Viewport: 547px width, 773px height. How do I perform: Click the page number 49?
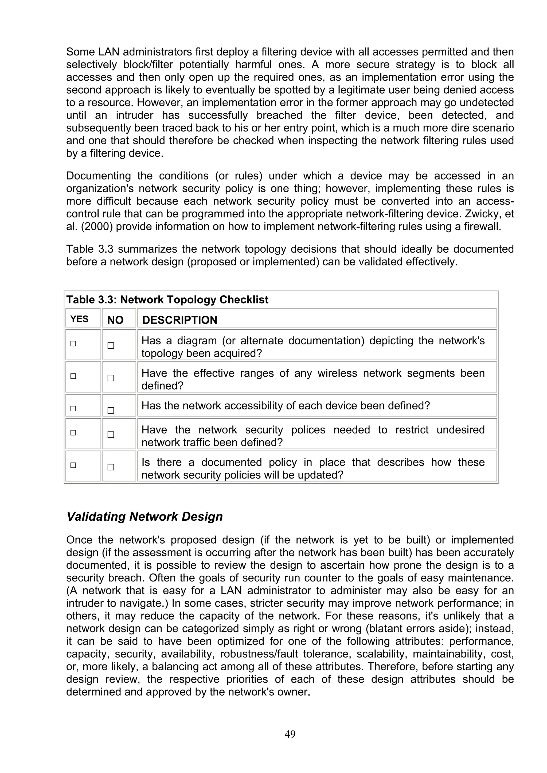(290, 734)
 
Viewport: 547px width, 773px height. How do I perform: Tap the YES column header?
(79, 319)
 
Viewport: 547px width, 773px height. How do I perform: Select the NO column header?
(115, 320)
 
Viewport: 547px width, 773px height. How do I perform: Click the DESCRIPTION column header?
(180, 320)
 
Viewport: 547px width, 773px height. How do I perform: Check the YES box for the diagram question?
(73, 344)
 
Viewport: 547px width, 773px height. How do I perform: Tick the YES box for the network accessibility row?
(73, 409)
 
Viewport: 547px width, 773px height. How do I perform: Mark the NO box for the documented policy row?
(111, 467)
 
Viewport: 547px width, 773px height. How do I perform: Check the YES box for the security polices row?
(73, 433)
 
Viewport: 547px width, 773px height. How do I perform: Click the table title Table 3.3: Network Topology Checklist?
(167, 299)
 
